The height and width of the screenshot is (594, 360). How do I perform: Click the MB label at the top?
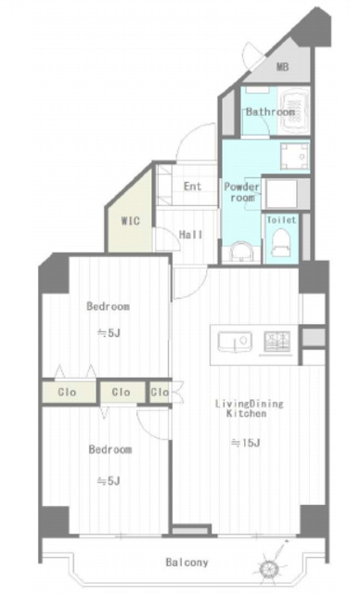click(282, 67)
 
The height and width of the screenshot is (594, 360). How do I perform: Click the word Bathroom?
click(270, 111)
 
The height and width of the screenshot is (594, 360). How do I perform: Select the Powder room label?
click(242, 192)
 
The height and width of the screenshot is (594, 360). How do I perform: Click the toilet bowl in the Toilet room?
click(280, 243)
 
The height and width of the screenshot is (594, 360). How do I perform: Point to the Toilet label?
click(281, 220)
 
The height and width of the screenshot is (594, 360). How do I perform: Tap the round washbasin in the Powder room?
click(241, 252)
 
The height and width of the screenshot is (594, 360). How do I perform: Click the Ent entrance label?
click(193, 186)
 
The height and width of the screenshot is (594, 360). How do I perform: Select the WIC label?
click(130, 221)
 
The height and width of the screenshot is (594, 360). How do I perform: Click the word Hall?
click(190, 235)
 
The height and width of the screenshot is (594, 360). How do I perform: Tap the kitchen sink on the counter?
click(235, 342)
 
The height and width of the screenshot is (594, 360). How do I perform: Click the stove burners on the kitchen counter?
click(277, 341)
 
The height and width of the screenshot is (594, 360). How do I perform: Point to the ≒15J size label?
click(245, 443)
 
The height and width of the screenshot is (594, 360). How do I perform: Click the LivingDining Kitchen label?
click(249, 408)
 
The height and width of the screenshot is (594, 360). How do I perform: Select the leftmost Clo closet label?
click(67, 392)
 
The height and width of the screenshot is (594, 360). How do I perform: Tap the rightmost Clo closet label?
click(160, 392)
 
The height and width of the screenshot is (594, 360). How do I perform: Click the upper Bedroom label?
click(108, 306)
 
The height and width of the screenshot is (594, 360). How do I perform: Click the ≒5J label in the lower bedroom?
click(109, 481)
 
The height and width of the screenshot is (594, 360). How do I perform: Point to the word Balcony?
click(187, 562)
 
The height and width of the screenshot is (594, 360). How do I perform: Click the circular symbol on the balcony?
click(270, 567)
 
